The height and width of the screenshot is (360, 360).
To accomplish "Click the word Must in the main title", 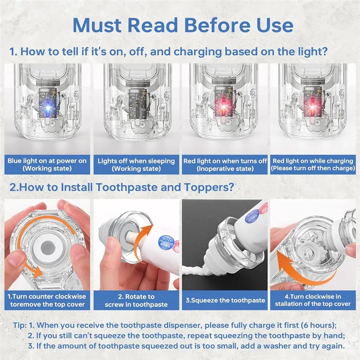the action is pyautogui.click(x=97, y=25).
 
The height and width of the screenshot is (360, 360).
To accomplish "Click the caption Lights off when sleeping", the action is pyautogui.click(x=136, y=161).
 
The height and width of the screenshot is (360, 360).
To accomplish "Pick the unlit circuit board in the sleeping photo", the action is pyautogui.click(x=137, y=103).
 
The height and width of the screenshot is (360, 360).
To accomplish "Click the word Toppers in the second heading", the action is pyautogui.click(x=209, y=187).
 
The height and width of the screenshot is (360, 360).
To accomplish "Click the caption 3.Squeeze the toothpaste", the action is pyautogui.click(x=225, y=300).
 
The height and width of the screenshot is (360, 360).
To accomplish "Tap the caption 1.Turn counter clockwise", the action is pyautogui.click(x=47, y=297).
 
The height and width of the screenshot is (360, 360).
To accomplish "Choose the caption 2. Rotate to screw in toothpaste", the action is pyautogui.click(x=136, y=301).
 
